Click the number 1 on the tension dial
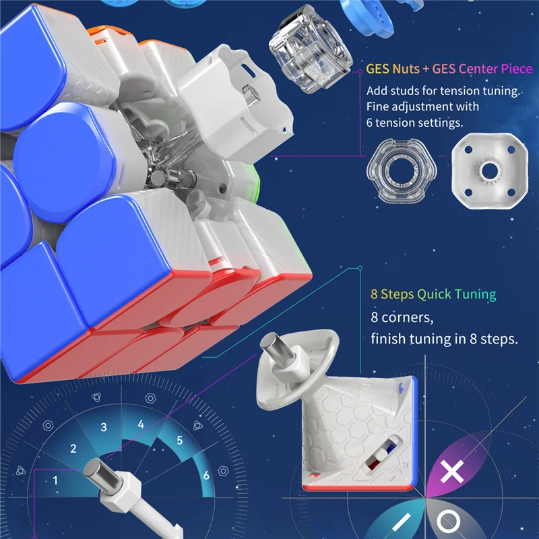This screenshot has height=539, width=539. click(55, 480)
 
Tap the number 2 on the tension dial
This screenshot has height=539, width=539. click(73, 449)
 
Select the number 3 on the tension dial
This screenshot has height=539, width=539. click(104, 427)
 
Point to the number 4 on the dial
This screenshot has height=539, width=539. click(141, 424)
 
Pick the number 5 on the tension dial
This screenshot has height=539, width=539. click(180, 441)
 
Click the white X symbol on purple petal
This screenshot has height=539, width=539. click(451, 472)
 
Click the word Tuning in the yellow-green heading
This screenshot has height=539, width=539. click(474, 294)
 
